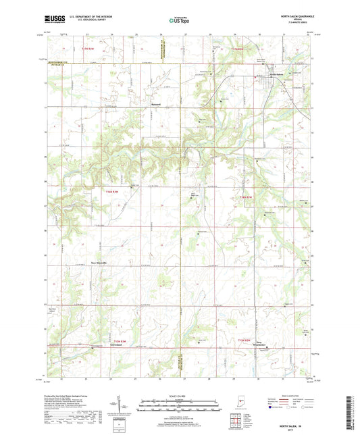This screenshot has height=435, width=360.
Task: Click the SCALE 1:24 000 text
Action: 180,396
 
